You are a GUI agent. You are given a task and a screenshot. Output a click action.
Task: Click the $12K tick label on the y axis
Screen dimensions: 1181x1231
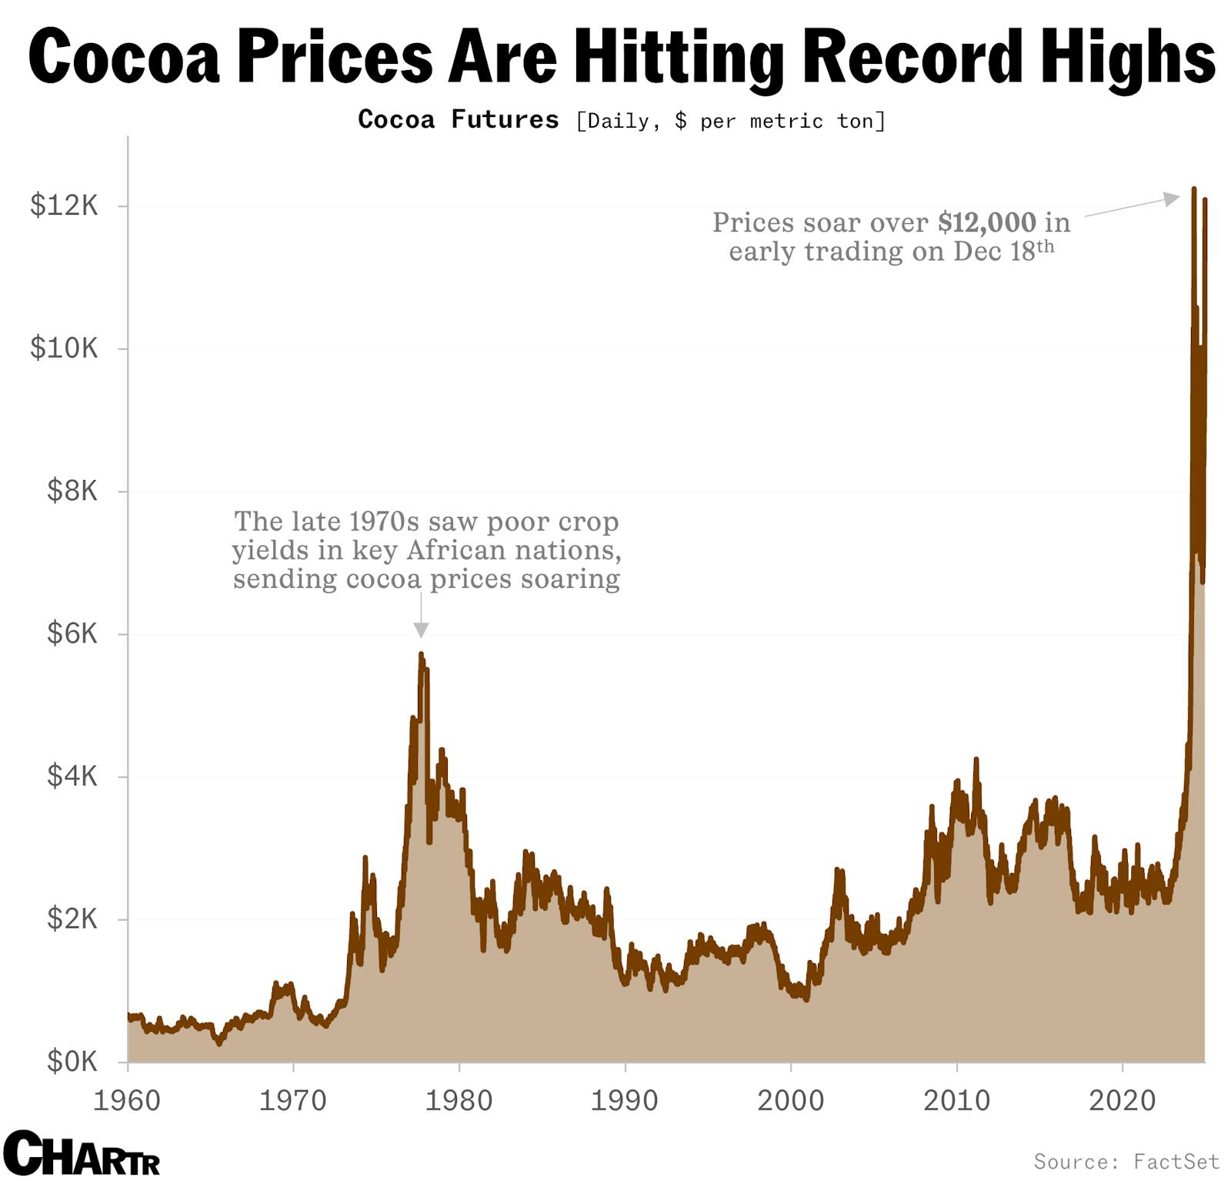tap(65, 205)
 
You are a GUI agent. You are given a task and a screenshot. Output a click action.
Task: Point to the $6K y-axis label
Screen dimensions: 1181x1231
tap(72, 633)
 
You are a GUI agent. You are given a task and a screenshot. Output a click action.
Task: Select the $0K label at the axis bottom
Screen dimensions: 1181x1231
tap(72, 1062)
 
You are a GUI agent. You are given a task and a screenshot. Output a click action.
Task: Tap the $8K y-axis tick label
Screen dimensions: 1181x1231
tap(72, 490)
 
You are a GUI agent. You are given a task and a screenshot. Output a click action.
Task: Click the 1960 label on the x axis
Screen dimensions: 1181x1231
tap(127, 1101)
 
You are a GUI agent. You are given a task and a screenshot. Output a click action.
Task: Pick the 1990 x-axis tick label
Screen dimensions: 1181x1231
tap(624, 1101)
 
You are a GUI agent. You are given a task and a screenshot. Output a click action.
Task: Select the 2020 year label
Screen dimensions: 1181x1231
tap(1122, 1101)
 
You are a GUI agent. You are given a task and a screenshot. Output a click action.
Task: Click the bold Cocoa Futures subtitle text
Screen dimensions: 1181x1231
tap(459, 119)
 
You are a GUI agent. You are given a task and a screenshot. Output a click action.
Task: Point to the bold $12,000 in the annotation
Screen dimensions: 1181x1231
tap(987, 223)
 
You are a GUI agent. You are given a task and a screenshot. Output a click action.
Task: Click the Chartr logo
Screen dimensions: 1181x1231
tap(81, 1153)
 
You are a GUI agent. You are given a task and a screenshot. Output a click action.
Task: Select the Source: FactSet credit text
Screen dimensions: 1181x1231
tap(1126, 1161)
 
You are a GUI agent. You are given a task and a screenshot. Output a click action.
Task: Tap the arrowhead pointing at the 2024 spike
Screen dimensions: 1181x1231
tap(1171, 199)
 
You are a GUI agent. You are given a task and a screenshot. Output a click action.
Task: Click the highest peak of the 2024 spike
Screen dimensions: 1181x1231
tap(1193, 188)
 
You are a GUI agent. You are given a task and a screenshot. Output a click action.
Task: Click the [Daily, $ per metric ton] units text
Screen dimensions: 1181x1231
tap(730, 121)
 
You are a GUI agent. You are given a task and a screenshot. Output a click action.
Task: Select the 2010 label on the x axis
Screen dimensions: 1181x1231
tap(956, 1101)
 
